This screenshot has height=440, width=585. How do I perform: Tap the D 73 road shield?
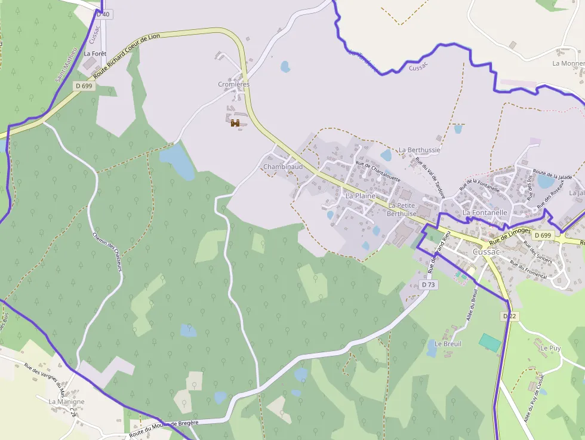428,285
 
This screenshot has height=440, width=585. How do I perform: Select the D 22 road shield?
509,315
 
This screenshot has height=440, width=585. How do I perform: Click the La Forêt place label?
95,53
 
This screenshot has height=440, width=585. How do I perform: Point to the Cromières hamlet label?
234,85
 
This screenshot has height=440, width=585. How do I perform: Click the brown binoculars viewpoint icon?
235,123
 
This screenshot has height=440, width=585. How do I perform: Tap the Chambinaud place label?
283,167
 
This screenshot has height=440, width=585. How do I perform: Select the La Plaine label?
360,195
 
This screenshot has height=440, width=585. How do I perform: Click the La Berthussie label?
420,150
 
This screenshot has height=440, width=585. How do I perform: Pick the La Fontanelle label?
485,212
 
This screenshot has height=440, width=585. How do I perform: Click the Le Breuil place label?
448,344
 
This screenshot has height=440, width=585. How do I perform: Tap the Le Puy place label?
550,347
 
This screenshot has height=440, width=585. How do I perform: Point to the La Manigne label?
66,402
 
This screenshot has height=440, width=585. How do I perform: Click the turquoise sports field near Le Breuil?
490,342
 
